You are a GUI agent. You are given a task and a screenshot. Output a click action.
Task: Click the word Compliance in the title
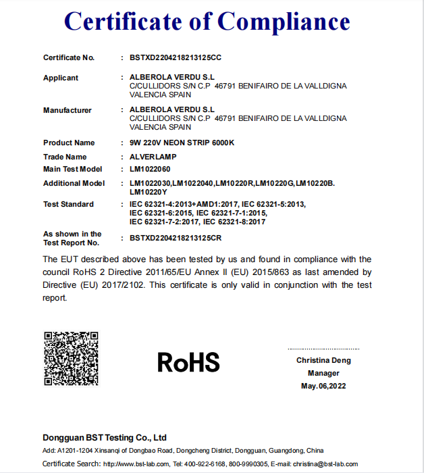tap(284, 22)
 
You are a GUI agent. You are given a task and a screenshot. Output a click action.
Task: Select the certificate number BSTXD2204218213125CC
tap(176, 57)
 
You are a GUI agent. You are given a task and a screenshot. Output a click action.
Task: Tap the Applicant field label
tap(61, 78)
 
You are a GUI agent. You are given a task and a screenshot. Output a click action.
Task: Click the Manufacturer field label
tap(68, 110)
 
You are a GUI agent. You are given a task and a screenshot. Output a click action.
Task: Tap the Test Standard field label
tap(68, 204)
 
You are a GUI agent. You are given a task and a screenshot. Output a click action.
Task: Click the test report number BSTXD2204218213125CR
tap(176, 239)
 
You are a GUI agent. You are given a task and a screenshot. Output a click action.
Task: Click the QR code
tap(71, 358)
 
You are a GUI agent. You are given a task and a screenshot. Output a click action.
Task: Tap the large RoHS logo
tap(188, 363)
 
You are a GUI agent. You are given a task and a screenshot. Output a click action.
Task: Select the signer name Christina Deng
tap(323, 360)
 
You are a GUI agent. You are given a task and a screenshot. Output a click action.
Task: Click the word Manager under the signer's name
tap(323, 373)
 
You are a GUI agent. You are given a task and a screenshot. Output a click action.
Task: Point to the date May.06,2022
tap(323, 386)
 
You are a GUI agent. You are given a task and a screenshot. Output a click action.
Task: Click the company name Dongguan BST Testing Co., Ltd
tap(105, 437)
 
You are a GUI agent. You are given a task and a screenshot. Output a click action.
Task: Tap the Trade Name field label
tap(65, 157)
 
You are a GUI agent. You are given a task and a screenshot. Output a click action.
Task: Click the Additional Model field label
tap(74, 183)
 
